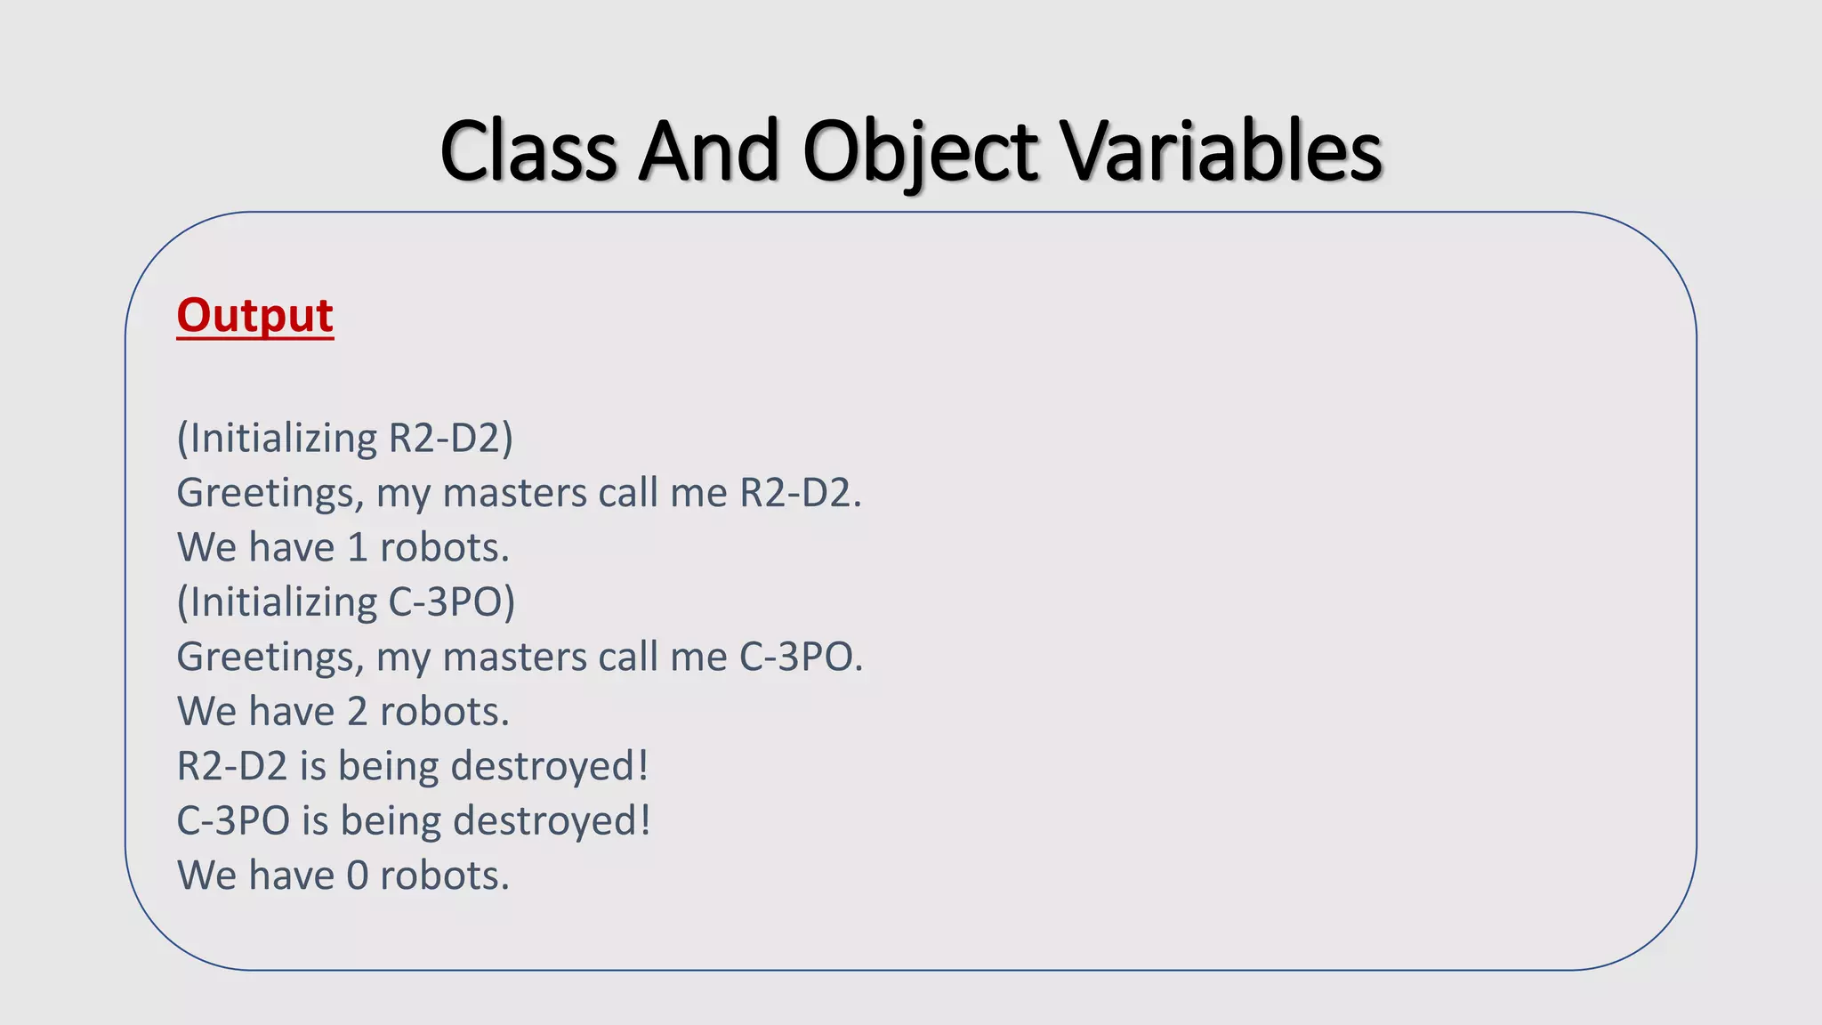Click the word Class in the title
coord(528,150)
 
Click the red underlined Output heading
coord(254,316)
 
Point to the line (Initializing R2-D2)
coord(345,439)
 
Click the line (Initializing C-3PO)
coord(346,602)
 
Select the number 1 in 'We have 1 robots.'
coord(358,548)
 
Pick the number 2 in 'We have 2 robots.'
coord(358,712)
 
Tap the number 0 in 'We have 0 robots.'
coord(358,876)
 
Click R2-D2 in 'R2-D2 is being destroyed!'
coord(232,766)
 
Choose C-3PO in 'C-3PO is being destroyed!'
coord(233,821)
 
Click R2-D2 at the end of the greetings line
coord(795,493)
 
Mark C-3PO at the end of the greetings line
coord(796,658)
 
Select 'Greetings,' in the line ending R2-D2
coord(270,493)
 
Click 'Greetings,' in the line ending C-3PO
coord(270,658)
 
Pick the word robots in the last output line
coord(439,876)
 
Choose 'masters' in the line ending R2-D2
coord(515,493)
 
